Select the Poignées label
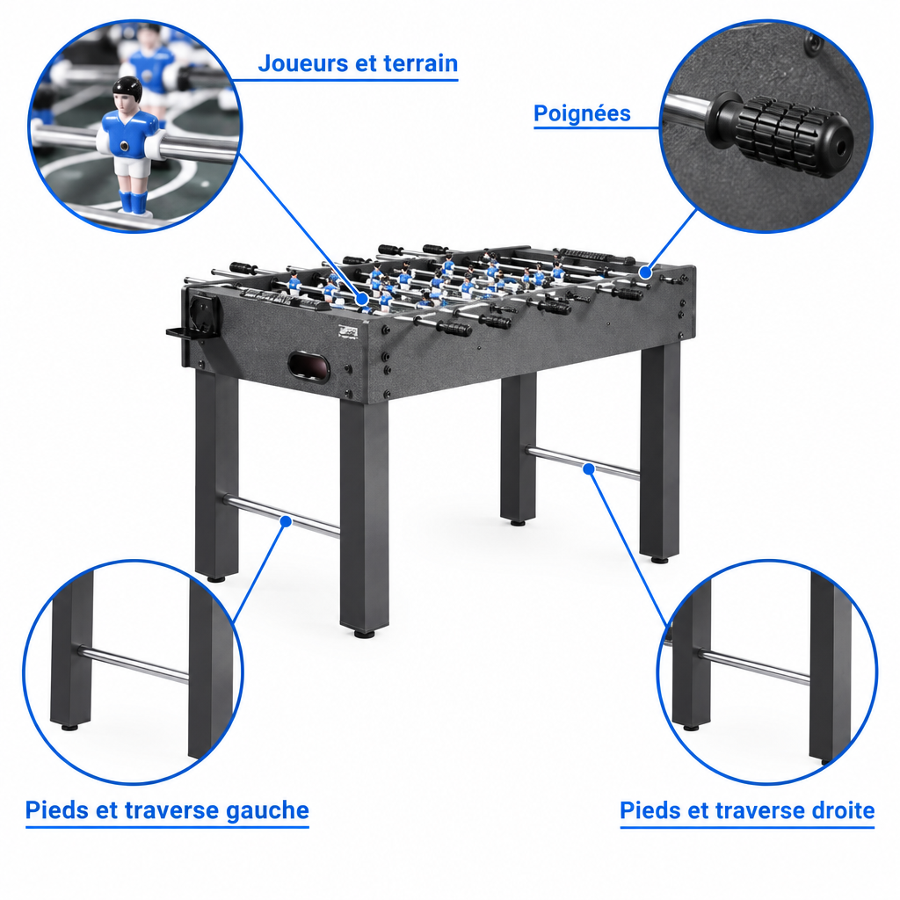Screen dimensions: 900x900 point(582,113)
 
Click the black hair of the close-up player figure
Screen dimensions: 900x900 point(127,87)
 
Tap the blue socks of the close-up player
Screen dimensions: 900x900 point(133,201)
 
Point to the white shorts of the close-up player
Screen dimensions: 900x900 point(132,166)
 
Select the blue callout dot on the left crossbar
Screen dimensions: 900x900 point(286,521)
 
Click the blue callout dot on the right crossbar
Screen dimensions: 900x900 point(588,469)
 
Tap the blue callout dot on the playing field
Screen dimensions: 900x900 point(361,299)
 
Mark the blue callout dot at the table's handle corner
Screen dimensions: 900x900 point(645,272)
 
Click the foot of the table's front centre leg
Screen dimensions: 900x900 point(365,634)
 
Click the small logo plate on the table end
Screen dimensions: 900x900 point(348,331)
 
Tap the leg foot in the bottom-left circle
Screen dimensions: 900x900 point(69,727)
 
